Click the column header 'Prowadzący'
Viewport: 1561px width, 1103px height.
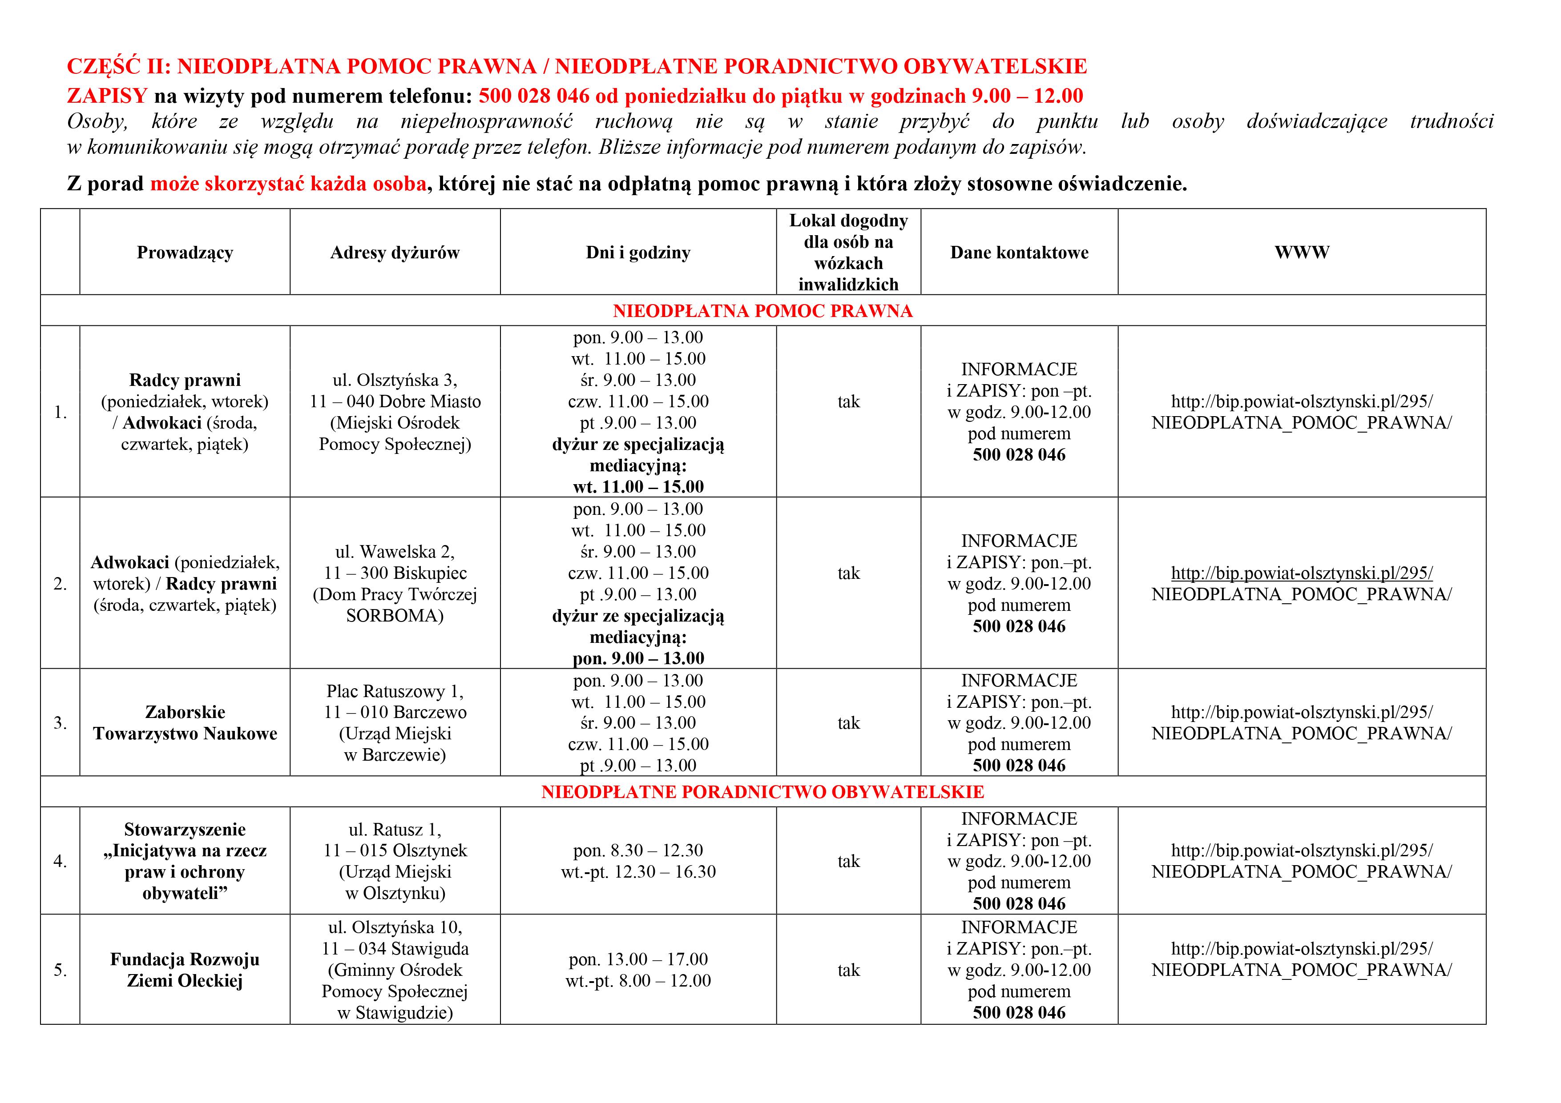[x=185, y=253]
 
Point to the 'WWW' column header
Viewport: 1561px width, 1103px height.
[x=1301, y=253]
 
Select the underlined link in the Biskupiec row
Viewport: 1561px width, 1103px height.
[x=1301, y=574]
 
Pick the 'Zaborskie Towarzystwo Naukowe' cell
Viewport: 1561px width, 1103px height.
[x=185, y=723]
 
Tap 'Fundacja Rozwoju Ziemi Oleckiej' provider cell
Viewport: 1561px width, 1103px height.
[x=185, y=970]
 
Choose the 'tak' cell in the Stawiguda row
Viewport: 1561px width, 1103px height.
[x=848, y=970]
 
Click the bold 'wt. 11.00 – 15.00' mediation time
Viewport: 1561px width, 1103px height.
[x=638, y=487]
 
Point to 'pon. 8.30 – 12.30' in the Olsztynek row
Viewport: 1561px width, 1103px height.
[x=638, y=850]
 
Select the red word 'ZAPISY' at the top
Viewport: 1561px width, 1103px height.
[x=107, y=96]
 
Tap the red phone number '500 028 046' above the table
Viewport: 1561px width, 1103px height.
[x=534, y=96]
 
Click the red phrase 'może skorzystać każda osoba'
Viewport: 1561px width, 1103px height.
[x=288, y=184]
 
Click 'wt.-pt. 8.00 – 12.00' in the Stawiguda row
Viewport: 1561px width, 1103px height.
[x=638, y=981]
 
